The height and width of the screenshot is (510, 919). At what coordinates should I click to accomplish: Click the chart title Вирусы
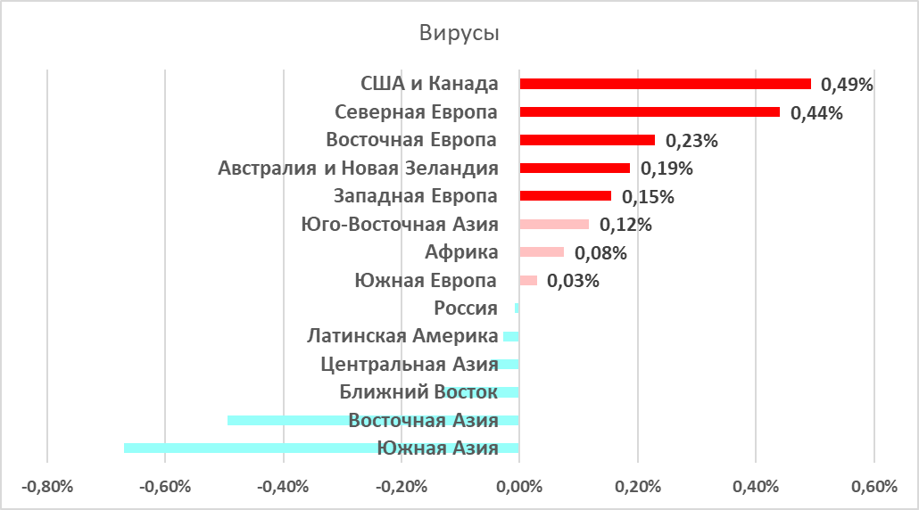point(459,34)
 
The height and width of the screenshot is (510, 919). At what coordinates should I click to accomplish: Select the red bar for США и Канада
point(665,84)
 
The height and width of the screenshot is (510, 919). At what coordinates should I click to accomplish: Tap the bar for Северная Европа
point(650,112)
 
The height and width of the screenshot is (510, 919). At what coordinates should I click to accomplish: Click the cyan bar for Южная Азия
point(321,448)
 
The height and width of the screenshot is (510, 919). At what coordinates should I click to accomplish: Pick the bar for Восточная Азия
point(373,420)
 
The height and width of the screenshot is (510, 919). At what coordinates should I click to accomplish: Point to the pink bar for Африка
point(542,252)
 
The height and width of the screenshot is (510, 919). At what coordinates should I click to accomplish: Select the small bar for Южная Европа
point(528,280)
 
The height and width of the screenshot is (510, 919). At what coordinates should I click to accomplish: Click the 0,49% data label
point(847,85)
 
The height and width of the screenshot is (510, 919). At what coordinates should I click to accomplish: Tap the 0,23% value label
point(691,141)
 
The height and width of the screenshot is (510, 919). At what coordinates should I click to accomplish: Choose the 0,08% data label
point(600,253)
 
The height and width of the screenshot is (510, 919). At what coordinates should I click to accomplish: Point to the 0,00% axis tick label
point(519,487)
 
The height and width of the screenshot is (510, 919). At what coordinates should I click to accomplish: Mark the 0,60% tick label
point(873,487)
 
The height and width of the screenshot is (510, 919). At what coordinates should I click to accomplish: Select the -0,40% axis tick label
point(284,487)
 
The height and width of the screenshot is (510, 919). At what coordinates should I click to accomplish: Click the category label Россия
point(465,308)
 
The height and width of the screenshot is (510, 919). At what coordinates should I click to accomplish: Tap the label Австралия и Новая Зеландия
point(358,169)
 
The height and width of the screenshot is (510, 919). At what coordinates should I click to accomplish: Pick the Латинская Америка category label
point(402,336)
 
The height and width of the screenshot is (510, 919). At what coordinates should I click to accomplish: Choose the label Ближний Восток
point(418,392)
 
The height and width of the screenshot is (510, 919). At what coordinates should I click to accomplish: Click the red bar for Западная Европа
point(565,196)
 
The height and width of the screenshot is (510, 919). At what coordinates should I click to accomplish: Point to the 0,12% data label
point(625,225)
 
